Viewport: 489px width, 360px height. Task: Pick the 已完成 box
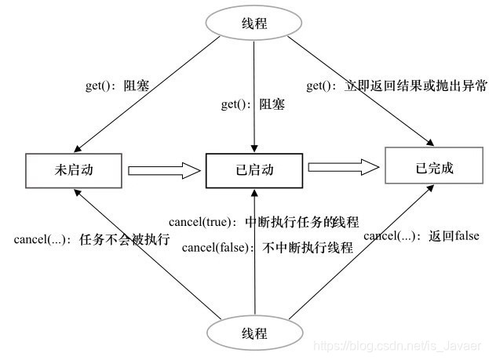432,167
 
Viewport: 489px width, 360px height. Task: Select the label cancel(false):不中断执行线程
267,248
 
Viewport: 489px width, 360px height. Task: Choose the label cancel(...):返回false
421,235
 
